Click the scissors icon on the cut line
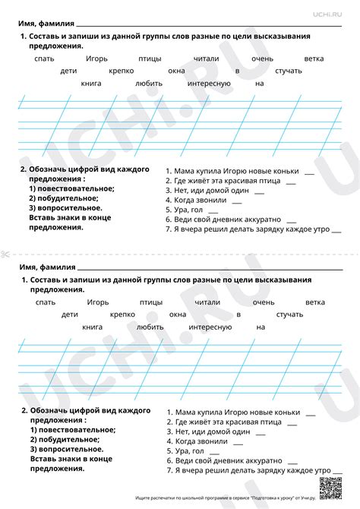5,253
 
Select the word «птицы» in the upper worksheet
150,58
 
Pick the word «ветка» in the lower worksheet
314,302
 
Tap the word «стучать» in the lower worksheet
289,314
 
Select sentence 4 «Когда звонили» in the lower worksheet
201,441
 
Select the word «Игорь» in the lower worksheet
96,302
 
